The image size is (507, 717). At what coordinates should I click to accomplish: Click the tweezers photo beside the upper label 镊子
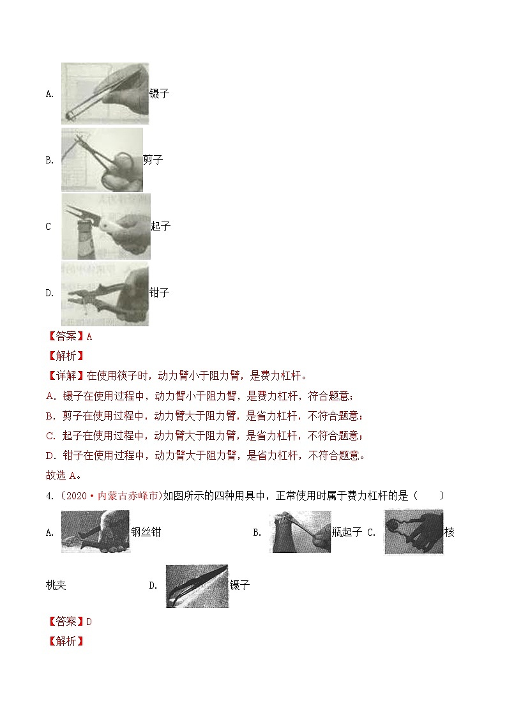pyautogui.click(x=105, y=93)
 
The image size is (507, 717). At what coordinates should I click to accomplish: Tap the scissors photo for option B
pyautogui.click(x=102, y=160)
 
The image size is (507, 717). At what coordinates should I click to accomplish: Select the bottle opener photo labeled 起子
pyautogui.click(x=106, y=227)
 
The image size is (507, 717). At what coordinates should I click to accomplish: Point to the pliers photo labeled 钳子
pyautogui.click(x=105, y=293)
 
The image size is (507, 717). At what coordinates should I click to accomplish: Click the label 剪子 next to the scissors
pyautogui.click(x=153, y=160)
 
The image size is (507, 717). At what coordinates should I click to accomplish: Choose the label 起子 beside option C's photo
pyautogui.click(x=160, y=226)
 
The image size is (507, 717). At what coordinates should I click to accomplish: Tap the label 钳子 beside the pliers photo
pyautogui.click(x=160, y=292)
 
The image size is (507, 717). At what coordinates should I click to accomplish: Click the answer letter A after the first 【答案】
pyautogui.click(x=89, y=336)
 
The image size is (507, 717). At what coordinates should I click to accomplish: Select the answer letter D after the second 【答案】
pyautogui.click(x=89, y=622)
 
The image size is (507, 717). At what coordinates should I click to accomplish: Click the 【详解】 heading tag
pyautogui.click(x=66, y=376)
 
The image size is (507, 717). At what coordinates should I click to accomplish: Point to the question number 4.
pyautogui.click(x=50, y=495)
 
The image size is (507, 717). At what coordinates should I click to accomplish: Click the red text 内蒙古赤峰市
pyautogui.click(x=128, y=495)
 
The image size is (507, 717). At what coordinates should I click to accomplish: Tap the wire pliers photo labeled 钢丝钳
pyautogui.click(x=96, y=531)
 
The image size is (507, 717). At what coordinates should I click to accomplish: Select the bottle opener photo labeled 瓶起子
pyautogui.click(x=302, y=531)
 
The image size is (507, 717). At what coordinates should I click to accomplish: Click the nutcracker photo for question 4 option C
pyautogui.click(x=414, y=532)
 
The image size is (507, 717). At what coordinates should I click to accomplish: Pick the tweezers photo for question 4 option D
pyautogui.click(x=197, y=585)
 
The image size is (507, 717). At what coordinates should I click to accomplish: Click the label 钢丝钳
pyautogui.click(x=146, y=532)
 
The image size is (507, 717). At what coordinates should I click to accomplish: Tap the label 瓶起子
pyautogui.click(x=347, y=532)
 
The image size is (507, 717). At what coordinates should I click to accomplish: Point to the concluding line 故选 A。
pyautogui.click(x=64, y=476)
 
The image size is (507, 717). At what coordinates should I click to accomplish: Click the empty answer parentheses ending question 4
pyautogui.click(x=428, y=495)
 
